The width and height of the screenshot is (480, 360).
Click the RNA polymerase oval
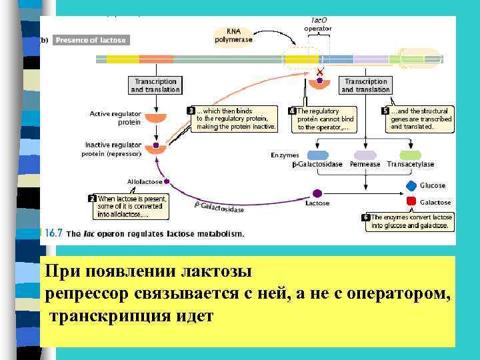click(233, 35)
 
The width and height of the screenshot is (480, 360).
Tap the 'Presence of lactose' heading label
click(90, 40)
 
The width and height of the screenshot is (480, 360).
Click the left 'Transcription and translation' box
click(155, 85)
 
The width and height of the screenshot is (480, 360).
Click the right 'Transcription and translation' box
click(365, 85)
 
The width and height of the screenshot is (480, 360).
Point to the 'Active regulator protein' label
click(115, 118)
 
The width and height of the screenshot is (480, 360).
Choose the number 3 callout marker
click(191, 111)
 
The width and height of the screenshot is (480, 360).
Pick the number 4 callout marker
click(292, 111)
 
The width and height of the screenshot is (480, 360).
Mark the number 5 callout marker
click(385, 111)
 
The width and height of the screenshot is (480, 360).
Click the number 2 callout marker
click(92, 198)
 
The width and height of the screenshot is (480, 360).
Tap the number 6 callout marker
click(366, 217)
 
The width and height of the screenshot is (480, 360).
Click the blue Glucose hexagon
click(411, 186)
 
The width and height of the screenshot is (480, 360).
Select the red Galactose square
click(411, 202)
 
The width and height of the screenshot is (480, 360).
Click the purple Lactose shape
click(317, 193)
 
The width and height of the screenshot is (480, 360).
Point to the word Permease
click(365, 164)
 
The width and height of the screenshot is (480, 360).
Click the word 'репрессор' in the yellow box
click(83, 293)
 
